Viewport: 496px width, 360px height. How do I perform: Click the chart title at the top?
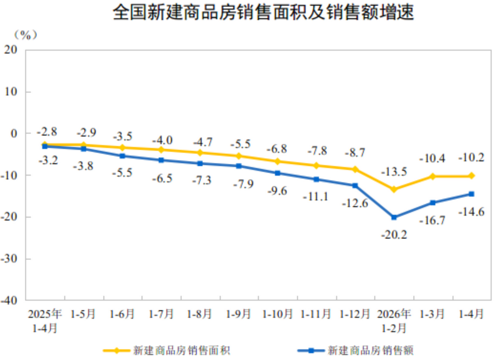click(x=263, y=12)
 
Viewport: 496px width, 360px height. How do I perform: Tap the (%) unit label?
click(x=26, y=35)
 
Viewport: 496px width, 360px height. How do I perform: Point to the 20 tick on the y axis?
click(x=10, y=50)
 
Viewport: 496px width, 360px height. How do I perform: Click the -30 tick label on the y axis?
click(x=9, y=259)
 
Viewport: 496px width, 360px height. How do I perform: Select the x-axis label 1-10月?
click(x=278, y=314)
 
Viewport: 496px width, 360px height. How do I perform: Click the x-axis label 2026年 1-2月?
click(x=394, y=321)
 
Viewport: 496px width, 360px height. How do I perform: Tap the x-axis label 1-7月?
click(x=161, y=314)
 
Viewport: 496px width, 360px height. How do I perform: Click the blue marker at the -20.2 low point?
click(x=394, y=217)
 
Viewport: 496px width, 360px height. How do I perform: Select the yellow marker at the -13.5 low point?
click(x=394, y=189)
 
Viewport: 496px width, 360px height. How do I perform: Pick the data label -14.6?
click(x=471, y=211)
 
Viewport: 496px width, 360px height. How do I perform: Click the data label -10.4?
click(x=433, y=158)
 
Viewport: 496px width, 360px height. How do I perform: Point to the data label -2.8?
click(x=47, y=131)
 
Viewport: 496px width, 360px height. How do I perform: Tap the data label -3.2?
click(x=48, y=160)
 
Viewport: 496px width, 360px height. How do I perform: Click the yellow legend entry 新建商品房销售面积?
click(x=167, y=351)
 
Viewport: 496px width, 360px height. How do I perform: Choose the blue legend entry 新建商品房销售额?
click(x=355, y=351)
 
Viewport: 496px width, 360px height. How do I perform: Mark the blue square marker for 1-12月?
click(x=355, y=186)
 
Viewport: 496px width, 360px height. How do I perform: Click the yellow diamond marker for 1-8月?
click(x=200, y=153)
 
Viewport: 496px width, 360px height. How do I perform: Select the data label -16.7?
click(x=433, y=220)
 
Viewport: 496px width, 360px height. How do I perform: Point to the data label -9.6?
click(x=277, y=191)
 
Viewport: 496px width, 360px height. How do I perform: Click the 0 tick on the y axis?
click(x=14, y=133)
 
